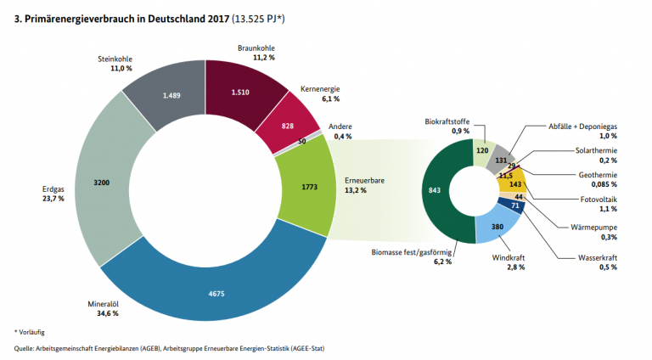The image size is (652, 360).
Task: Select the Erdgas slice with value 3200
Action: pos(100,183)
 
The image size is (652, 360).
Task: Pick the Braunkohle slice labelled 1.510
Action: pos(240,91)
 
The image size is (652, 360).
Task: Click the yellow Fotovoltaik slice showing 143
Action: pos(514,183)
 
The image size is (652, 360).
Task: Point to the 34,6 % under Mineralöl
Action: pos(107,313)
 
